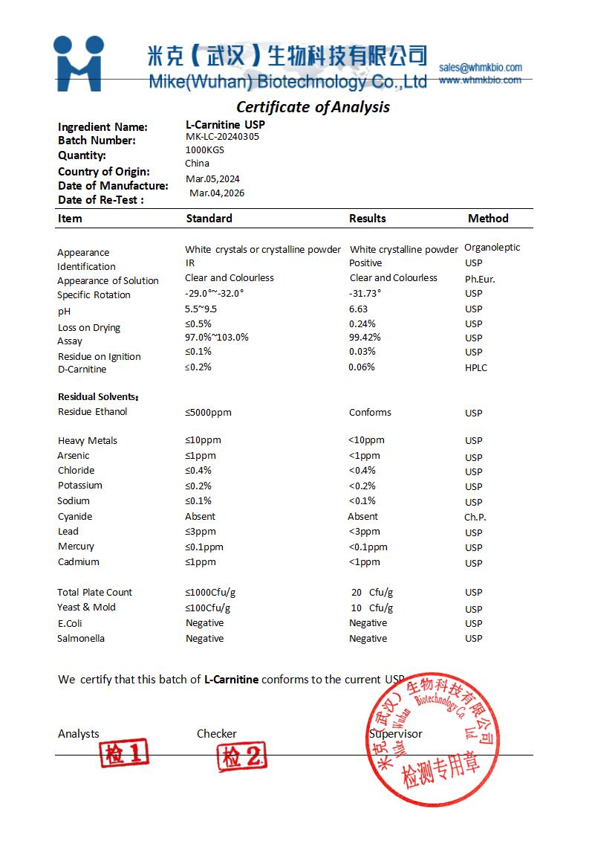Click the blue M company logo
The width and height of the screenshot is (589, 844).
[78, 63]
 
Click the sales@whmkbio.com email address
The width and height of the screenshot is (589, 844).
[480, 68]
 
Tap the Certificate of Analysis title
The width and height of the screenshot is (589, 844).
[313, 107]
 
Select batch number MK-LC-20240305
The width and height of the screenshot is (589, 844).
[222, 137]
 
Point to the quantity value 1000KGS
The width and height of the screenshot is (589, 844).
[204, 149]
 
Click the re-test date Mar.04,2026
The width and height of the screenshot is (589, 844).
[217, 193]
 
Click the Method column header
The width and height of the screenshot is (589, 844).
[488, 219]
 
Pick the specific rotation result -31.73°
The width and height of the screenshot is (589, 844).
[365, 293]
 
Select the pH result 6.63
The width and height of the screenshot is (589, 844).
[359, 309]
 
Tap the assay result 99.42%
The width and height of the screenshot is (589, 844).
[365, 337]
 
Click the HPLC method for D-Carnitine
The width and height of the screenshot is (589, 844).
[476, 368]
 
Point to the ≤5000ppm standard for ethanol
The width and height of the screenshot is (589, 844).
[208, 413]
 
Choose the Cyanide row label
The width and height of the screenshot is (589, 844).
[75, 517]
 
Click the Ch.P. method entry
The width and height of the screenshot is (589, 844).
[475, 517]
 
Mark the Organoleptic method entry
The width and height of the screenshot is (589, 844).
[492, 248]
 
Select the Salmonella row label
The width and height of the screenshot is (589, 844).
[81, 639]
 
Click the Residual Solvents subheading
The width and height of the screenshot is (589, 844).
[98, 397]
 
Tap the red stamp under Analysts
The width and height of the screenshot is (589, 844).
[124, 754]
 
